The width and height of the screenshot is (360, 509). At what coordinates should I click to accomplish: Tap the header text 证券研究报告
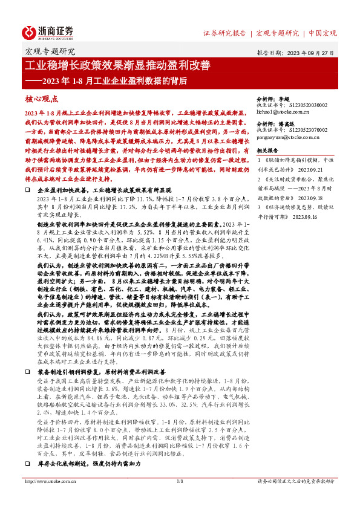click(x=224, y=33)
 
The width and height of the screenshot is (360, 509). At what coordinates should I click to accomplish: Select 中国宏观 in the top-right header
click(x=322, y=33)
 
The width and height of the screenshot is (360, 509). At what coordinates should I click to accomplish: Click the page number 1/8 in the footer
click(x=180, y=482)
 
